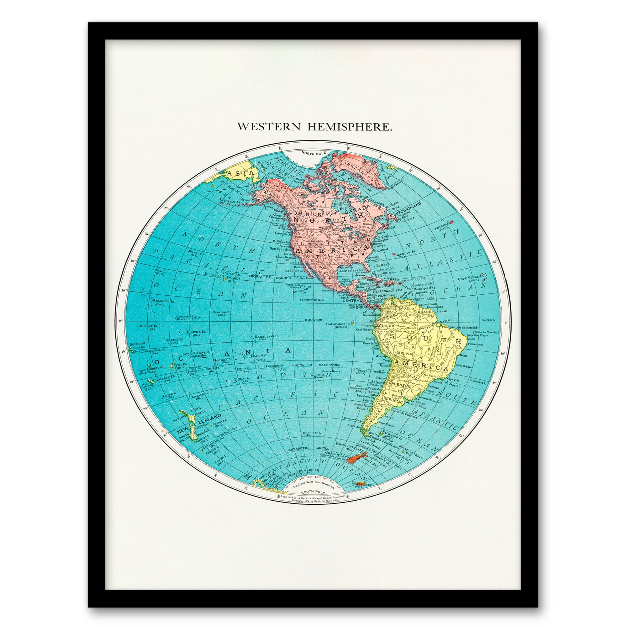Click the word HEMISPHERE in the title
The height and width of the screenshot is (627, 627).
tap(350, 127)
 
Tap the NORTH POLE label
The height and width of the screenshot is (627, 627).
tap(313, 153)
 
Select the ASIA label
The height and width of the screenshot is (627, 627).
tap(236, 173)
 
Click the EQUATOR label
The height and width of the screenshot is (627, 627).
tap(313, 320)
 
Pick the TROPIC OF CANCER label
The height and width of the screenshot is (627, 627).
tap(270, 277)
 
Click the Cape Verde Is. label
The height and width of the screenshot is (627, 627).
tap(469, 279)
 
